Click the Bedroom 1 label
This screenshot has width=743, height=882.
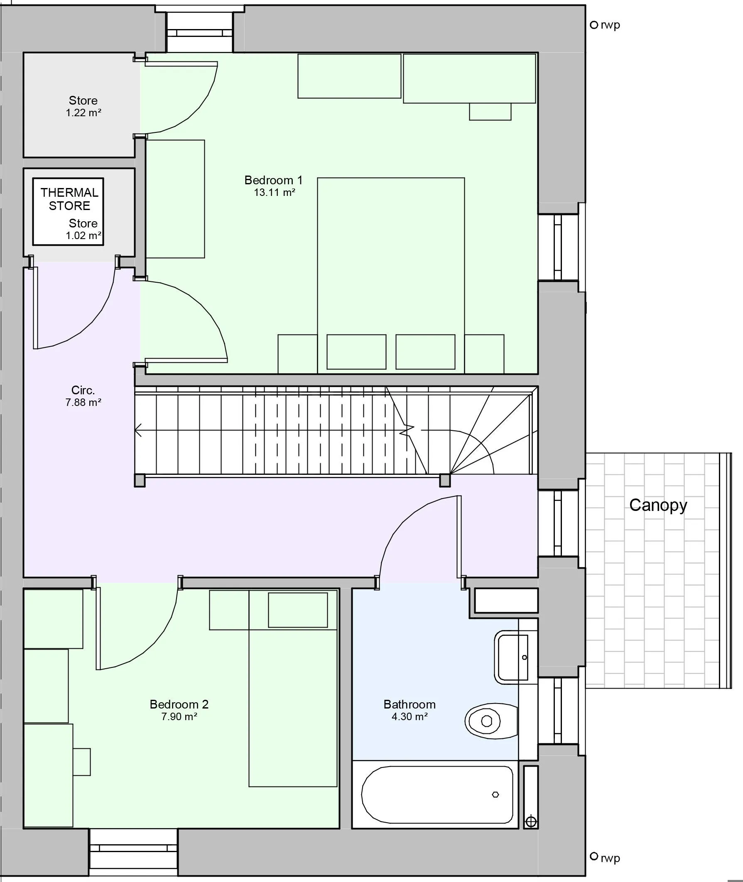click(x=273, y=180)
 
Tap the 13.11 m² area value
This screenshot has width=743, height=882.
click(x=274, y=193)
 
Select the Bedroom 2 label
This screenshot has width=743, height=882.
click(x=179, y=704)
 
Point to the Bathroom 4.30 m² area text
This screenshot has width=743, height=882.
click(x=410, y=716)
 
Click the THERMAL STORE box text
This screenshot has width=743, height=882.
click(x=69, y=199)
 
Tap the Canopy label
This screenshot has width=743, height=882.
click(x=658, y=505)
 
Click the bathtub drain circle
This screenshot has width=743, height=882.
click(x=495, y=794)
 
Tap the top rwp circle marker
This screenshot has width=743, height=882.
click(x=594, y=25)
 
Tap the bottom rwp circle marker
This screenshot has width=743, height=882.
click(x=594, y=856)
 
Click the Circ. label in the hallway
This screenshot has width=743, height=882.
click(x=83, y=390)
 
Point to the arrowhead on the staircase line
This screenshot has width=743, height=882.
click(x=138, y=430)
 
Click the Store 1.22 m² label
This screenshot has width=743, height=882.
click(x=83, y=106)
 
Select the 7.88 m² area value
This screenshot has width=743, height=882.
click(x=83, y=403)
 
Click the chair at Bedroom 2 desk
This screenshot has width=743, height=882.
click(x=82, y=762)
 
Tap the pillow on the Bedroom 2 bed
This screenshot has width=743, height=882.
click(x=298, y=610)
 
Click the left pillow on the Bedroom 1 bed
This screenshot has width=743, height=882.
click(x=356, y=352)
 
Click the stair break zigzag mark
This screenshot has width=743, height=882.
click(x=407, y=430)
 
